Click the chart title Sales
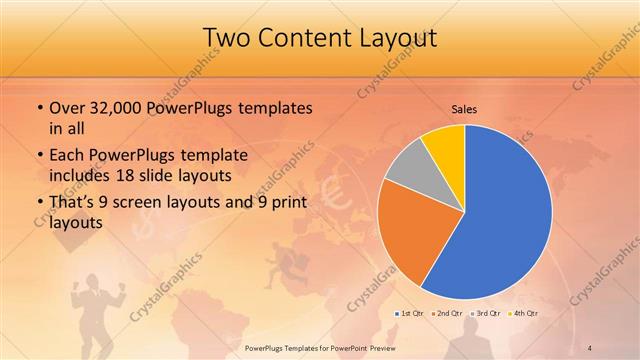click(x=464, y=108)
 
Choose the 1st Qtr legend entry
click(x=409, y=313)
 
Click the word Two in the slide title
click(x=228, y=38)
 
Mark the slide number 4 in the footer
click(x=592, y=347)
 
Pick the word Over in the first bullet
click(x=66, y=108)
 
